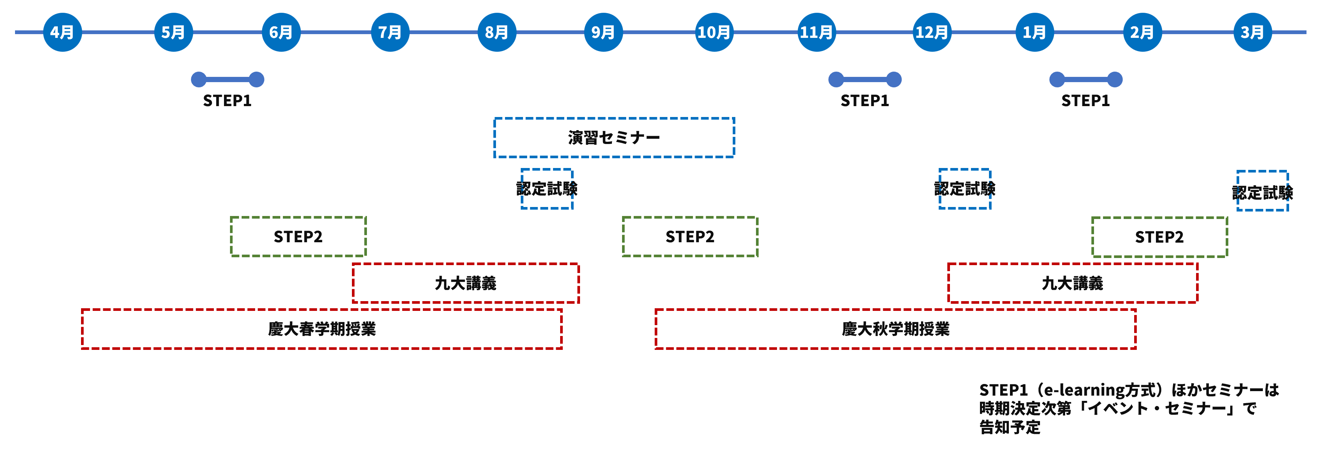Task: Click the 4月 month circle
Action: [x=62, y=32]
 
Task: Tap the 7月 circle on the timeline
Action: [x=390, y=32]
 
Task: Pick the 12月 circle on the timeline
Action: [x=932, y=32]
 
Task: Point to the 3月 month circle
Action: [x=1252, y=32]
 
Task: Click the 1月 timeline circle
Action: [x=1034, y=32]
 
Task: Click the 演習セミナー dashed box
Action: [x=614, y=138]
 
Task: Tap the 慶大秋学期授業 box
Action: [x=896, y=329]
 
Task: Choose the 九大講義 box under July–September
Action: [x=465, y=283]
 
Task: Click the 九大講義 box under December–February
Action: [x=1072, y=283]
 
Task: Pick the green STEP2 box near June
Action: [x=298, y=237]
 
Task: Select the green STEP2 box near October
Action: [x=690, y=237]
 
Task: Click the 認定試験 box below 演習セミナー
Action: [x=547, y=189]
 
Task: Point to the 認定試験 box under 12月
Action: [x=965, y=189]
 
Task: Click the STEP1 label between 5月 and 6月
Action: [x=227, y=101]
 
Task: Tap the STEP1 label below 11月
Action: [x=865, y=101]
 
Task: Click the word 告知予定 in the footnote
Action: [x=1010, y=427]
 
